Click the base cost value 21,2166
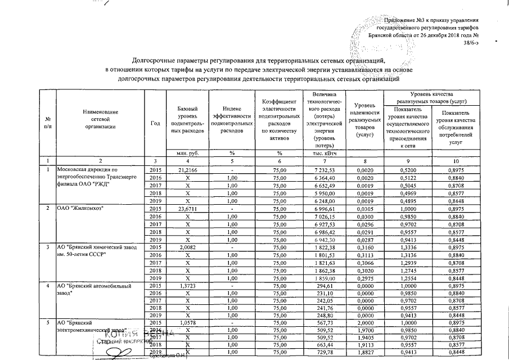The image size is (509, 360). point(187,169)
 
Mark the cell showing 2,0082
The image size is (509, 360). point(187,247)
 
